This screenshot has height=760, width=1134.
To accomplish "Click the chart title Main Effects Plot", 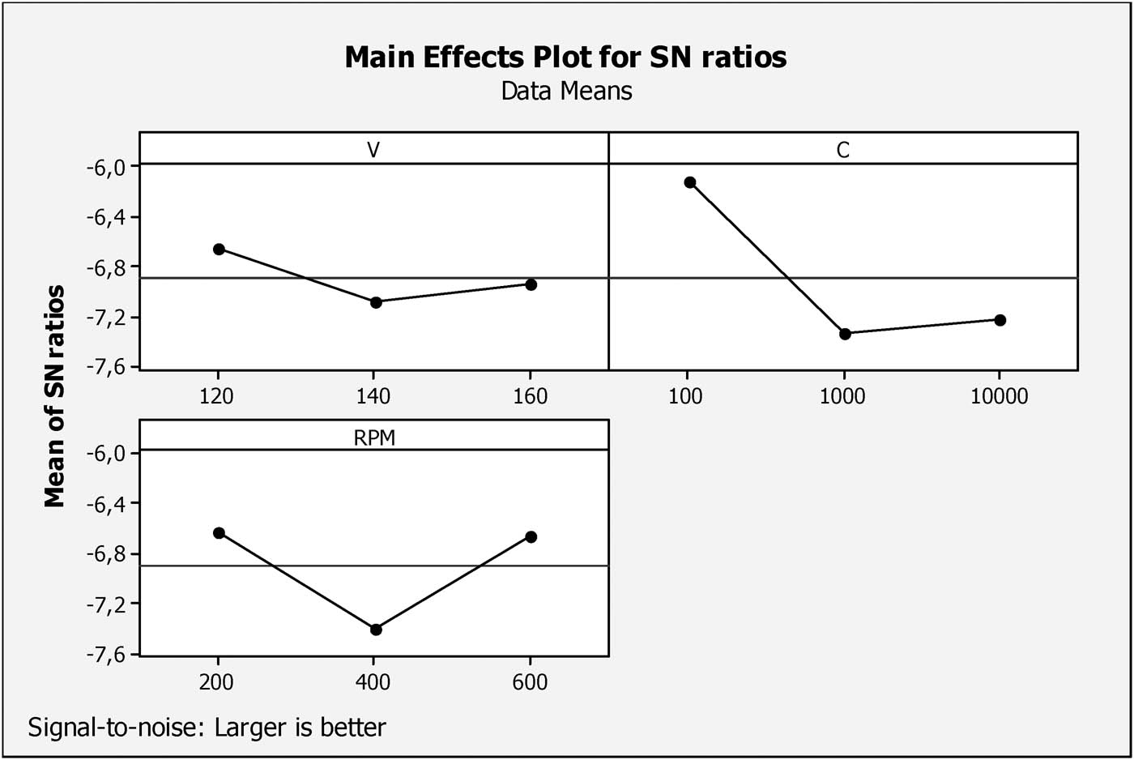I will coord(565,58).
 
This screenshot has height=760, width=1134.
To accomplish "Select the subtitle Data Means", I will coord(566,90).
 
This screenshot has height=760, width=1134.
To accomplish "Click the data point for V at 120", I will coord(219,249).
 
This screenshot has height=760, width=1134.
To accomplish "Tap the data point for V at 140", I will coord(376,302).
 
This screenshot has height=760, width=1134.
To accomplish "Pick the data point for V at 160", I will coord(531,284).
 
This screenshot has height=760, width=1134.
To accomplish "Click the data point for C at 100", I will coord(690,182).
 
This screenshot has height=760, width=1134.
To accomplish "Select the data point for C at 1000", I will coord(845,334).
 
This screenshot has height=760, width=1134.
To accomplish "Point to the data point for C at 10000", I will coord(1000,320).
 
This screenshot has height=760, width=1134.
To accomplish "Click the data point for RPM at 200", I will coord(219,532).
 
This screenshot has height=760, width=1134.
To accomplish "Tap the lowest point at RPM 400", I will coord(376,630).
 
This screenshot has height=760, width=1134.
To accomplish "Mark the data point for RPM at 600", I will coord(531,536).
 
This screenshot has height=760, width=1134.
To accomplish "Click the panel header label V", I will coord(373,151).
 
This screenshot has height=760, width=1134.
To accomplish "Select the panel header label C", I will coord(842,151).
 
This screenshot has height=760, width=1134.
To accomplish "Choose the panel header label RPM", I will coord(373,438).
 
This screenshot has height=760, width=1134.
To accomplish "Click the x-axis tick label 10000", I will coord(1000,396).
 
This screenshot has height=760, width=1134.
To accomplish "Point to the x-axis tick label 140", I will coord(373,396).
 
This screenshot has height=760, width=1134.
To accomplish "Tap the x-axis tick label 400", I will coord(373,682).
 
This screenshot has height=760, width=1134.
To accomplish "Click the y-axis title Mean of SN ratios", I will coord(54,395).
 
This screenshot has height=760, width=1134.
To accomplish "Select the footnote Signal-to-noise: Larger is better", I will coord(207,727).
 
